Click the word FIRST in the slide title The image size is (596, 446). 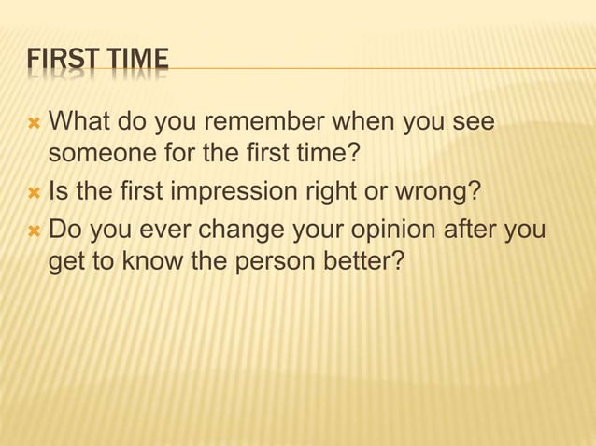point(61,61)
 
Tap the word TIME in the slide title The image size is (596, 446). point(136,61)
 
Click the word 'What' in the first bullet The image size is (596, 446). point(74,123)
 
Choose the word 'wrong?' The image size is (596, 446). point(443,191)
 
